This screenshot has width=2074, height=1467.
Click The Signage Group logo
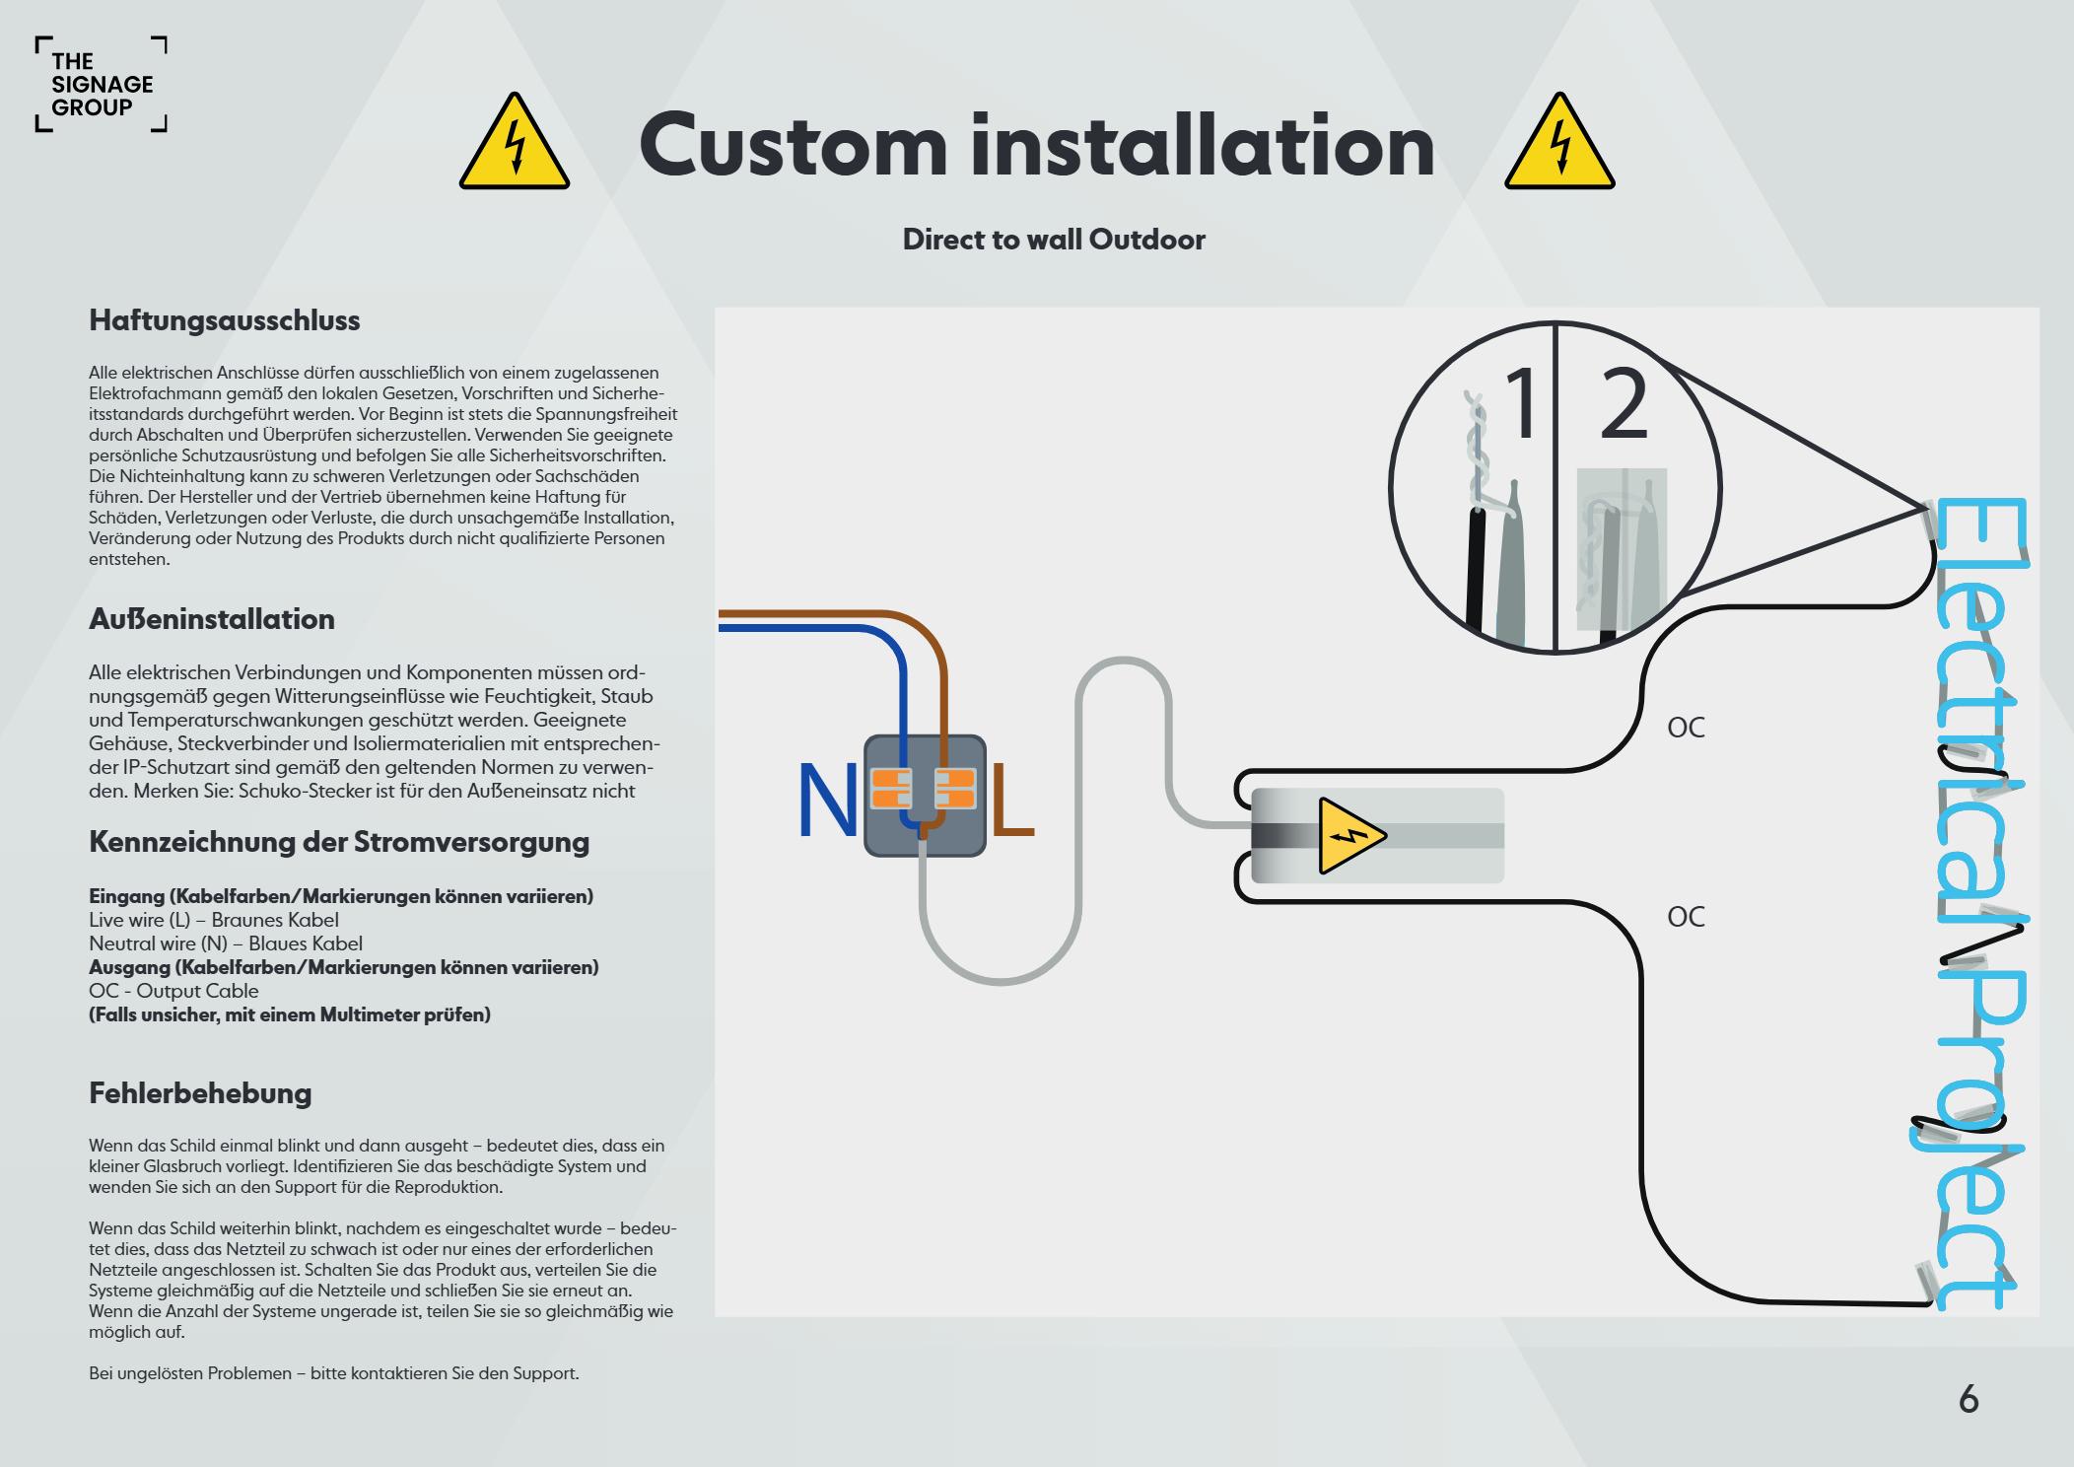[102, 85]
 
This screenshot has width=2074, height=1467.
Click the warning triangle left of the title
[514, 144]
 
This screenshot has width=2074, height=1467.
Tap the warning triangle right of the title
[1558, 144]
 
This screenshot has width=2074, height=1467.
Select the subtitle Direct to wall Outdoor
[1054, 240]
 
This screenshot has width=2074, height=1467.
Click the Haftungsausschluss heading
[225, 320]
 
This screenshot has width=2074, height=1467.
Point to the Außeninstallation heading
[212, 619]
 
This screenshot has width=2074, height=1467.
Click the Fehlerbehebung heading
[200, 1092]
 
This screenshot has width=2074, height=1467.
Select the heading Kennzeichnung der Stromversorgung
[339, 842]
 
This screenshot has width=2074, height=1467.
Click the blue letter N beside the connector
[827, 803]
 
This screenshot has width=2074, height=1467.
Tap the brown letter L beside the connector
[1011, 803]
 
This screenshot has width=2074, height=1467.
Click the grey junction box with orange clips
[925, 795]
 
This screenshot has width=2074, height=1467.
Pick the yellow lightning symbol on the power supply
[1349, 836]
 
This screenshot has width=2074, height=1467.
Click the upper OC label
[1686, 728]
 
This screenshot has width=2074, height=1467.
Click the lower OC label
[1686, 917]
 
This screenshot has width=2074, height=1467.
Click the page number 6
[1968, 1400]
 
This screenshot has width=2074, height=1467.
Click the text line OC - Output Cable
[173, 991]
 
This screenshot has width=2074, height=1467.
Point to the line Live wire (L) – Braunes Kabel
[214, 920]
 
